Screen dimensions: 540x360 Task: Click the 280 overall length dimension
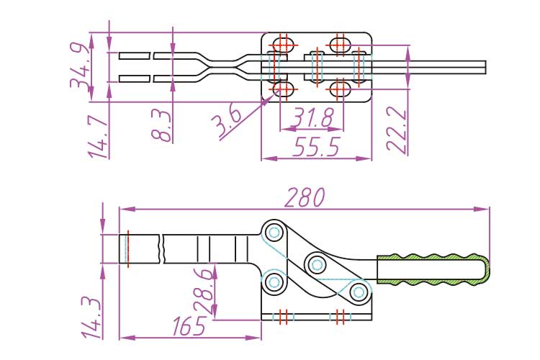click(305, 197)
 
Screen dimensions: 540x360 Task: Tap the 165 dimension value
click(189, 326)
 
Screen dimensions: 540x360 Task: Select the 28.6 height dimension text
click(204, 292)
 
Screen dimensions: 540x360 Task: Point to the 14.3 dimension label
click(92, 318)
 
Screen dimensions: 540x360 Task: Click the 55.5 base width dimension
click(316, 146)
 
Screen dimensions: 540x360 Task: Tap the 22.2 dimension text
click(397, 129)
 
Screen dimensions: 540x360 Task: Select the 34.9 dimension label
click(81, 65)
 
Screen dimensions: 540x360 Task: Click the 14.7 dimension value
click(98, 137)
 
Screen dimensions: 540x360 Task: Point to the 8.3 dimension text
click(161, 126)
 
